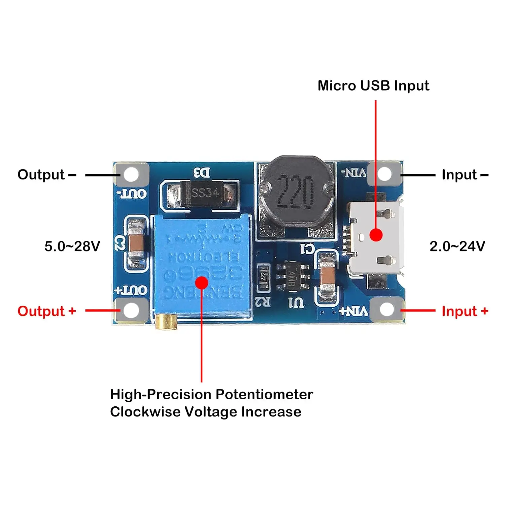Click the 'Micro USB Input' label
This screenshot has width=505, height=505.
(373, 86)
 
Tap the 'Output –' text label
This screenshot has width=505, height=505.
(46, 175)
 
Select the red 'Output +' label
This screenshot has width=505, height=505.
(46, 311)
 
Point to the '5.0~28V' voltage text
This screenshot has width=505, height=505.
(72, 246)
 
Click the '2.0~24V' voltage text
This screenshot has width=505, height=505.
(457, 246)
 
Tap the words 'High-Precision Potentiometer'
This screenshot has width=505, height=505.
(211, 394)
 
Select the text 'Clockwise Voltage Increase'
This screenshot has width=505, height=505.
(205, 412)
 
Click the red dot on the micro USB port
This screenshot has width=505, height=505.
(376, 235)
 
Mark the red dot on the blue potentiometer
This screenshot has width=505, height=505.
(201, 283)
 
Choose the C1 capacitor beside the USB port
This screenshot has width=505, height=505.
(327, 277)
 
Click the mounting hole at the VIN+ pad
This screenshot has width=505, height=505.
(386, 309)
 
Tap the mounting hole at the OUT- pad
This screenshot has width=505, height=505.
(131, 174)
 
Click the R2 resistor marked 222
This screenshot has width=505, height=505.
(263, 277)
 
